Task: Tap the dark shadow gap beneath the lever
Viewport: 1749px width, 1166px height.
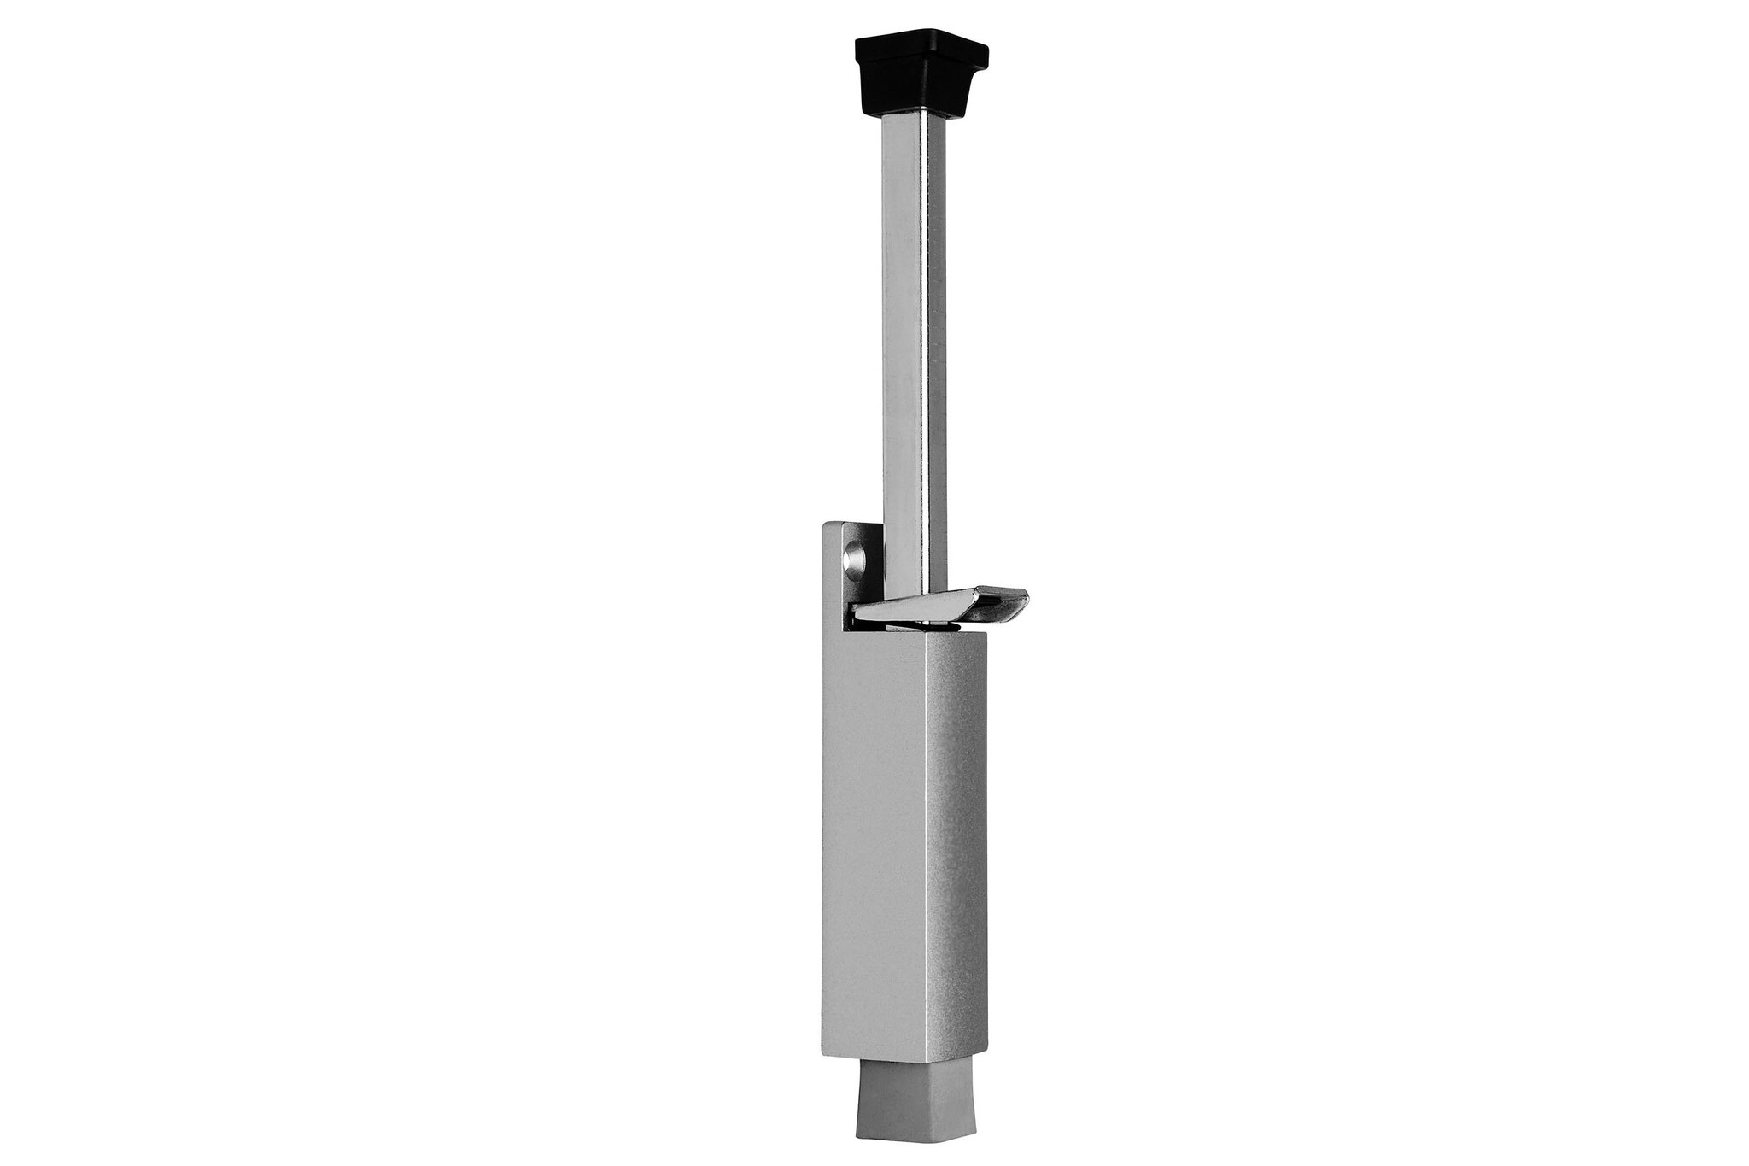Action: [897, 625]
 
